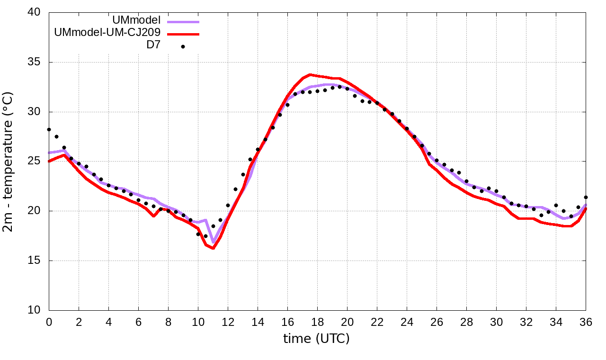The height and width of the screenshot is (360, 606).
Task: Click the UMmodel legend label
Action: tap(136, 20)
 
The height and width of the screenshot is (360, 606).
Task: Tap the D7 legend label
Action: tap(153, 46)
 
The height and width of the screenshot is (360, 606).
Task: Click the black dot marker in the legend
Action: tap(183, 46)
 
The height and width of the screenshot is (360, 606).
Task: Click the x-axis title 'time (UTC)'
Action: tap(316, 338)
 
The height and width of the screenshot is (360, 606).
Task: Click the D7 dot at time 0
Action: tap(49, 129)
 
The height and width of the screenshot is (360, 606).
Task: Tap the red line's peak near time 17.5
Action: tap(310, 74)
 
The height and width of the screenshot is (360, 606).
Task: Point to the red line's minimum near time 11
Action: tap(213, 248)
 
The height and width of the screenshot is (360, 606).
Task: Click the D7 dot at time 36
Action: tap(586, 197)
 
